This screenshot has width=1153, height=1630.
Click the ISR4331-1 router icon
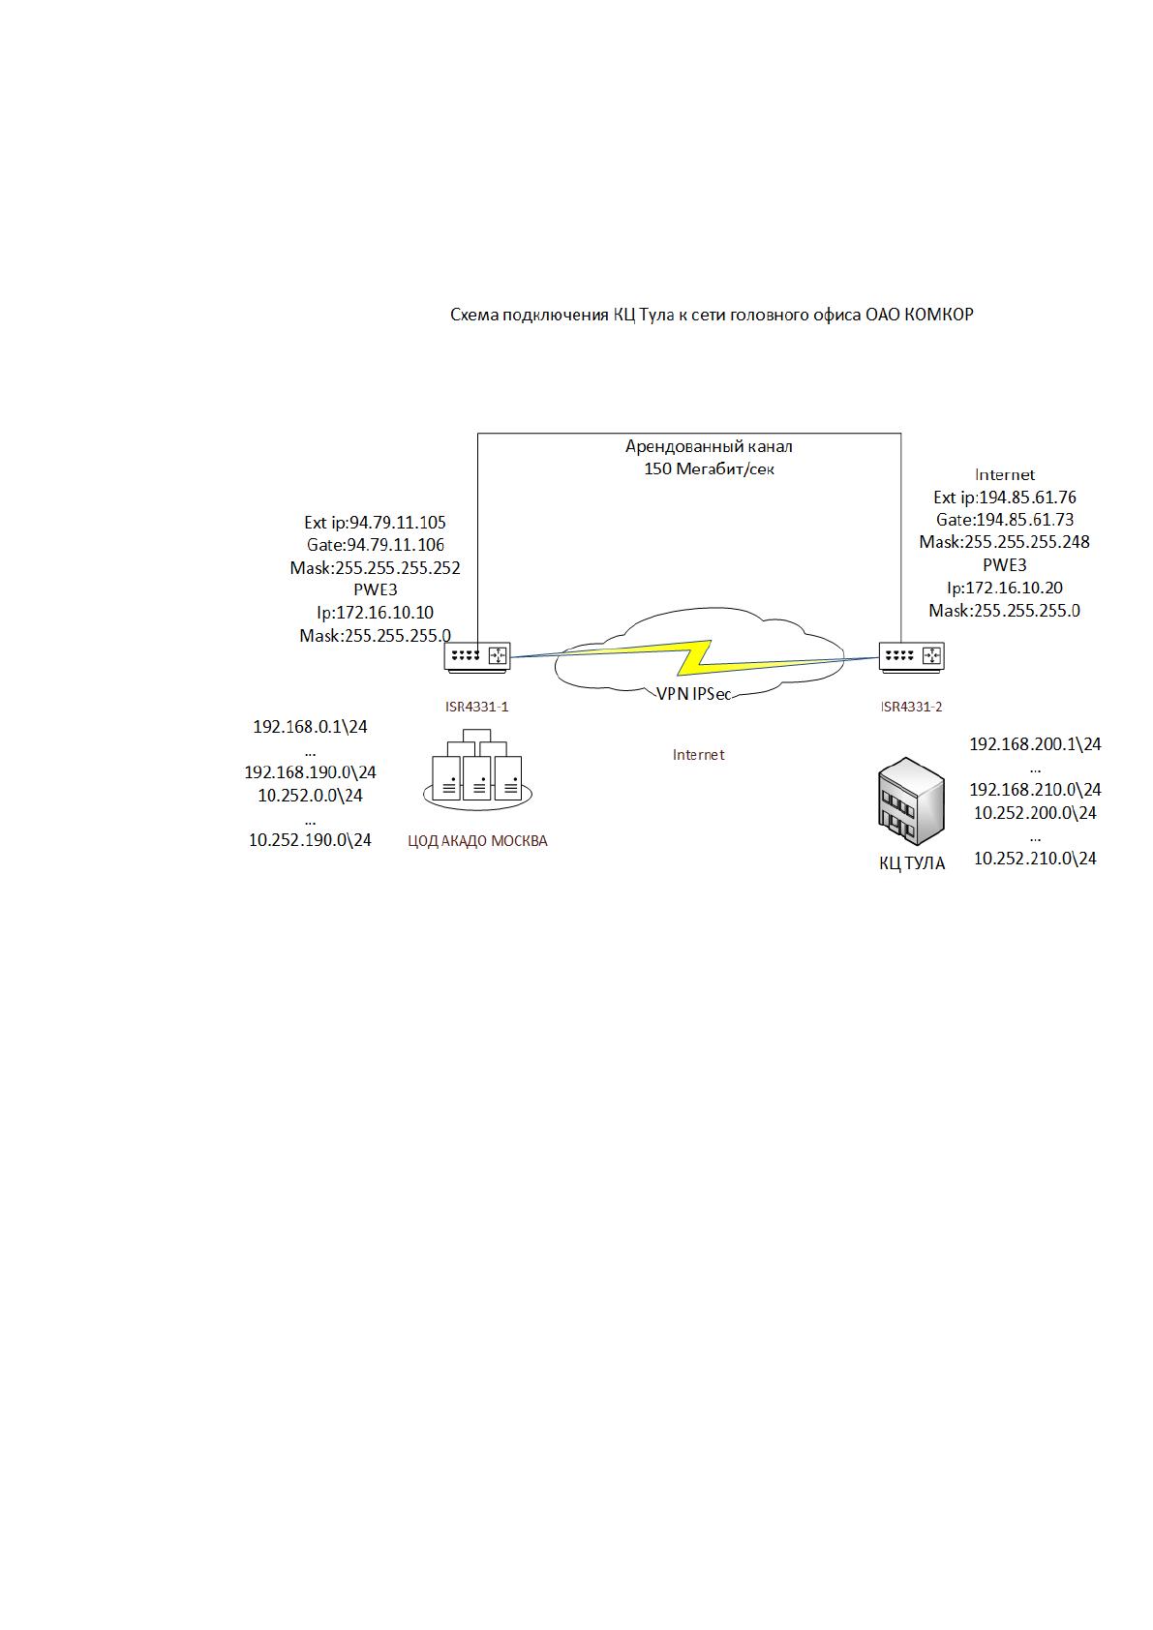tap(477, 655)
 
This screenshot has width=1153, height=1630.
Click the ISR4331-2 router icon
tap(911, 655)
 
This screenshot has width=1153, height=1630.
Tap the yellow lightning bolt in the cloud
tap(695, 657)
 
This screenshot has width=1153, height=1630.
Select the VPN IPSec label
tap(694, 694)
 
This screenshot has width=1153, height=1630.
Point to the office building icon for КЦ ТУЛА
tap(911, 800)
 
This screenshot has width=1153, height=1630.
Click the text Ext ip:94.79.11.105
tap(375, 523)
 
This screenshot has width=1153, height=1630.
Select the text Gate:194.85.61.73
tap(1005, 520)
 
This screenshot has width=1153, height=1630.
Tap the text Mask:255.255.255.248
tap(1005, 542)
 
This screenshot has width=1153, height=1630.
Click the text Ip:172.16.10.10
tap(375, 613)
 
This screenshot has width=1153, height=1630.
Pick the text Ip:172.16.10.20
tap(1005, 588)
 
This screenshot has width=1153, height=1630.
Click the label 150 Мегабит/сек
tap(709, 469)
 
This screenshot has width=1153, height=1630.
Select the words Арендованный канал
tap(709, 446)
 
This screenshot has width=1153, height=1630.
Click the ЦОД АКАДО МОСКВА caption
tap(477, 841)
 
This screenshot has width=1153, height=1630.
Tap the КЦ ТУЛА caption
tap(911, 863)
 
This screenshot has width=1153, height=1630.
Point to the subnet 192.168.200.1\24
tap(1035, 744)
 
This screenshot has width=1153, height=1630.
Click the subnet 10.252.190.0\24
tap(310, 840)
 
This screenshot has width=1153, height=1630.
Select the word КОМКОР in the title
tap(938, 316)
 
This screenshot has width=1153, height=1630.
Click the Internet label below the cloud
tap(699, 755)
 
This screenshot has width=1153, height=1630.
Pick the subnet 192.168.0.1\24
tap(310, 727)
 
